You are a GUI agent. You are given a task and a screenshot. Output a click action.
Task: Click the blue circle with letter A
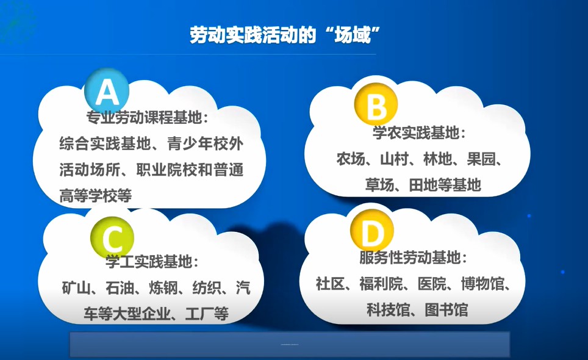pyautogui.click(x=107, y=92)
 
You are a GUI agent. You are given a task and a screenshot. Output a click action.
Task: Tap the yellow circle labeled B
pyautogui.click(x=376, y=104)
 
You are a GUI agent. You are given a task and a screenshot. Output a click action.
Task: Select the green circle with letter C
pyautogui.click(x=112, y=238)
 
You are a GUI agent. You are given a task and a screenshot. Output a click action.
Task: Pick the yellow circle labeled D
pyautogui.click(x=372, y=231)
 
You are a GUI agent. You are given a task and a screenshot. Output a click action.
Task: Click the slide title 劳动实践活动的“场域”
pyautogui.click(x=284, y=35)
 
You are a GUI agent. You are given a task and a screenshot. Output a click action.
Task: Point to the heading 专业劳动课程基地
pyautogui.click(x=145, y=118)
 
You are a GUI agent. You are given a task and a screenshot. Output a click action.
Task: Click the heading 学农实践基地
pyautogui.click(x=416, y=133)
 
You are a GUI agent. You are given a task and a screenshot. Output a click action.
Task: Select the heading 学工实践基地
pyautogui.click(x=149, y=261)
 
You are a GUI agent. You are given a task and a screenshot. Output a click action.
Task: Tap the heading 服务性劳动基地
pyautogui.click(x=410, y=257)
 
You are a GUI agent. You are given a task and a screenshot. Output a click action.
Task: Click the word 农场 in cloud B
pyautogui.click(x=351, y=159)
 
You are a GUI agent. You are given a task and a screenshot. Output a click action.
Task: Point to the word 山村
pyautogui.click(x=394, y=159)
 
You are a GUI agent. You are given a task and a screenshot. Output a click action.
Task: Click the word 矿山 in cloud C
pyautogui.click(x=76, y=287)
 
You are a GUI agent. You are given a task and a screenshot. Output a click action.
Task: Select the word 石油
pyautogui.click(x=120, y=287)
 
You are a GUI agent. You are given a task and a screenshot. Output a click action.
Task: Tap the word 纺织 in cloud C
pyautogui.click(x=207, y=287)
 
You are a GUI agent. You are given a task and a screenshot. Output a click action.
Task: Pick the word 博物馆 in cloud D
pyautogui.click(x=482, y=284)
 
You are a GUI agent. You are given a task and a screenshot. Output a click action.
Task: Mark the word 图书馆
pyautogui.click(x=446, y=310)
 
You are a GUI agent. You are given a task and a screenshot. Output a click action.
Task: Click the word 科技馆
pyautogui.click(x=388, y=310)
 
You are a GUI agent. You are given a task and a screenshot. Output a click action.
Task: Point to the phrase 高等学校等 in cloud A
pyautogui.click(x=96, y=196)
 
